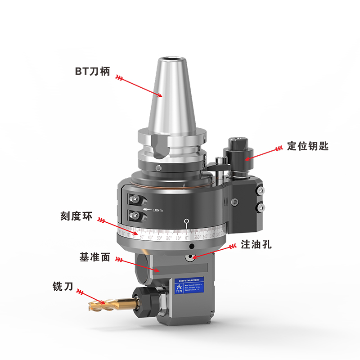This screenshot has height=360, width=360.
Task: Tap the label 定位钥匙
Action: point(308,147)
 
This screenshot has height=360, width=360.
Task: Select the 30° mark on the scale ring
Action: point(159,237)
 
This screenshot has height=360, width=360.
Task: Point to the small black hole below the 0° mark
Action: point(192,247)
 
